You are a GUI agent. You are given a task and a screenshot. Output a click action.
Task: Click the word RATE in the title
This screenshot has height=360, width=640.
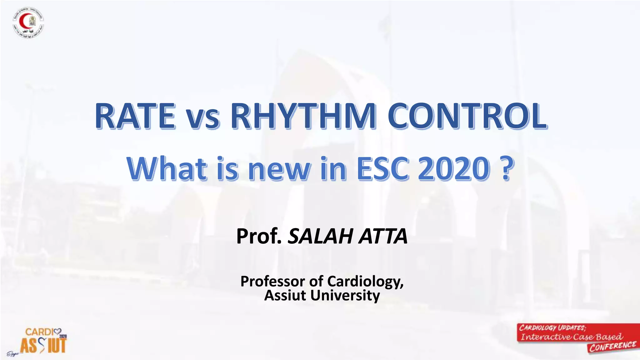pos(135,116)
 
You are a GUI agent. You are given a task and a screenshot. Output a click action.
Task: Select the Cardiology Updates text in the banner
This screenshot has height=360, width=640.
pos(552,328)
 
